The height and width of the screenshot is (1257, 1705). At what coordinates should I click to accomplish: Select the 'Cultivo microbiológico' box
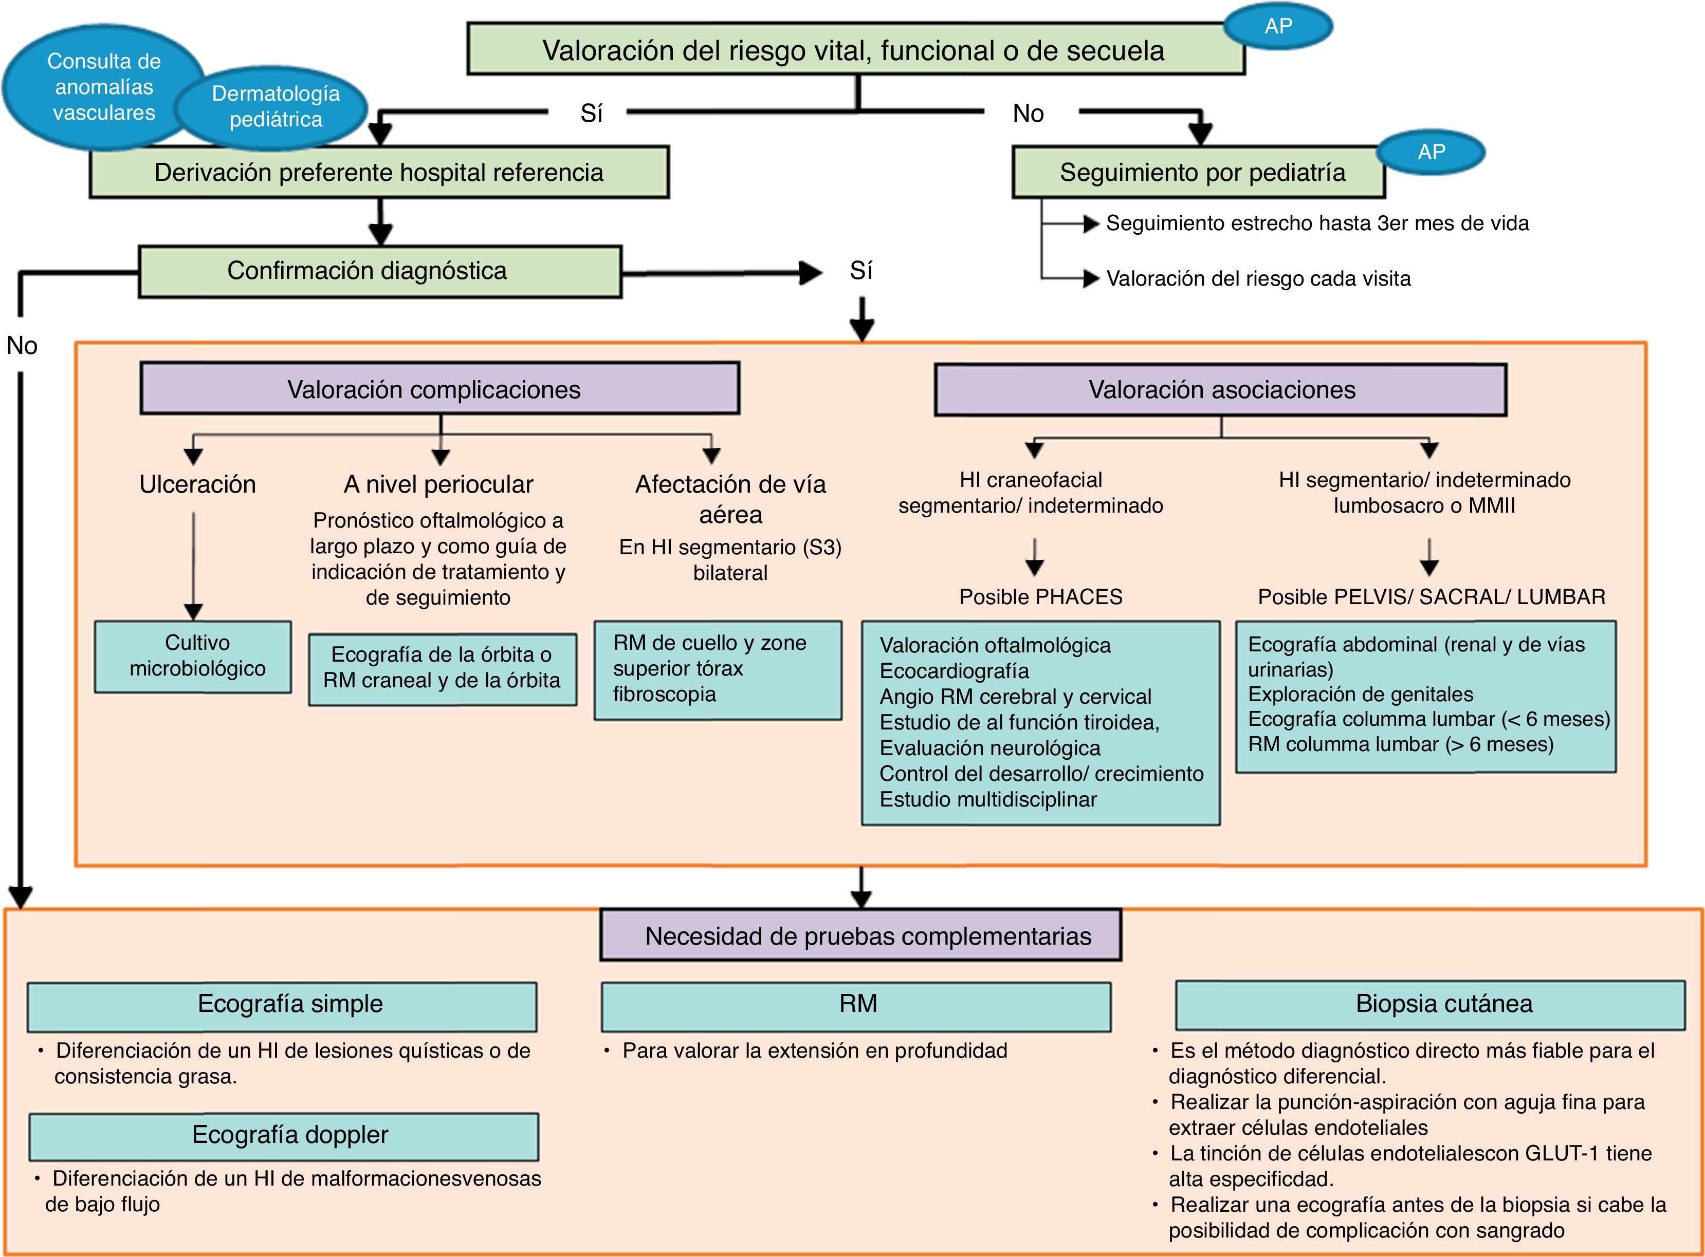[x=193, y=656]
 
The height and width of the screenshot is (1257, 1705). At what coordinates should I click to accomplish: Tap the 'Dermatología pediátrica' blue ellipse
[x=276, y=106]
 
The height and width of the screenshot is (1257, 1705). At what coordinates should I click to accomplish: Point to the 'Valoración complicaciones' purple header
[x=439, y=389]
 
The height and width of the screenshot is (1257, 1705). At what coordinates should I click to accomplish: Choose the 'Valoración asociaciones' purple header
[x=1220, y=389]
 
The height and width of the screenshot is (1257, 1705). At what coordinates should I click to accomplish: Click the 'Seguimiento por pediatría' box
[x=1198, y=173]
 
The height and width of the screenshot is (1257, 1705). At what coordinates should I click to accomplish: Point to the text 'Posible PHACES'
[x=1040, y=596]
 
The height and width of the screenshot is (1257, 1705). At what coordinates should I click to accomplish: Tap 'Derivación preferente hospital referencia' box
[x=379, y=173]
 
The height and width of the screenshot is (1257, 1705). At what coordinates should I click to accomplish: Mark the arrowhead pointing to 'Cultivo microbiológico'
[x=193, y=612]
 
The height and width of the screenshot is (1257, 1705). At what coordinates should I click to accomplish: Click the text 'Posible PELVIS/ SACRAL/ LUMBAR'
[x=1431, y=596]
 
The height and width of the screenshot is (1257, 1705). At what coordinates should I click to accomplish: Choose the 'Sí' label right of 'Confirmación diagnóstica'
[x=861, y=271]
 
